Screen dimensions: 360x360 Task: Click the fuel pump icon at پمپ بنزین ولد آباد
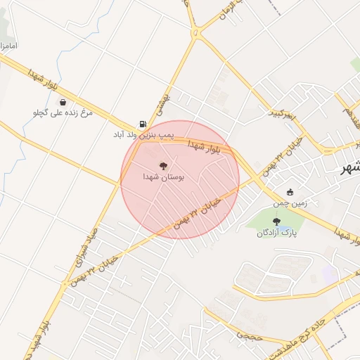(143, 123)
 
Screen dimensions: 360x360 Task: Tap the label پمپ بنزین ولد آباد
(143, 134)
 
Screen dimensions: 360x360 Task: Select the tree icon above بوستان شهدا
(163, 167)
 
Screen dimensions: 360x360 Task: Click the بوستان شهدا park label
(163, 179)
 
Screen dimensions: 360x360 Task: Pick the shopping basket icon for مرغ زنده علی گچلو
(63, 102)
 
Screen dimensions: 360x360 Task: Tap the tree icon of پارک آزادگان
(276, 221)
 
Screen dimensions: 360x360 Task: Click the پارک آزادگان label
(276, 233)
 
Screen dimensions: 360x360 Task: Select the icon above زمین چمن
(290, 193)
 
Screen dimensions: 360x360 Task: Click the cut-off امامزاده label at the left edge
(9, 46)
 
